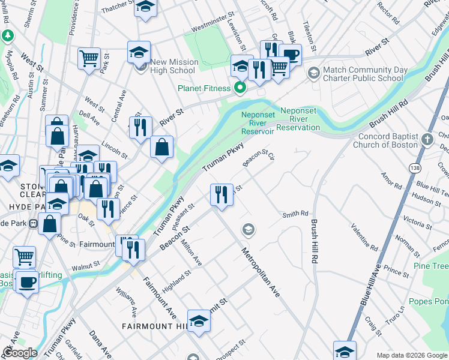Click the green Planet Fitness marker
click(240, 88)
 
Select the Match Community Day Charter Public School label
click(363, 74)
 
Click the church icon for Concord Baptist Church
click(427, 140)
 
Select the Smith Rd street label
click(295, 214)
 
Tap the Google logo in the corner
click(20, 352)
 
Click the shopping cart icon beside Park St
click(89, 58)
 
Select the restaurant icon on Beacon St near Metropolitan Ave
click(221, 194)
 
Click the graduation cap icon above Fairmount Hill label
click(199, 320)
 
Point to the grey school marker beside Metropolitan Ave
click(247, 229)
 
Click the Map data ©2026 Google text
click(411, 355)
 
